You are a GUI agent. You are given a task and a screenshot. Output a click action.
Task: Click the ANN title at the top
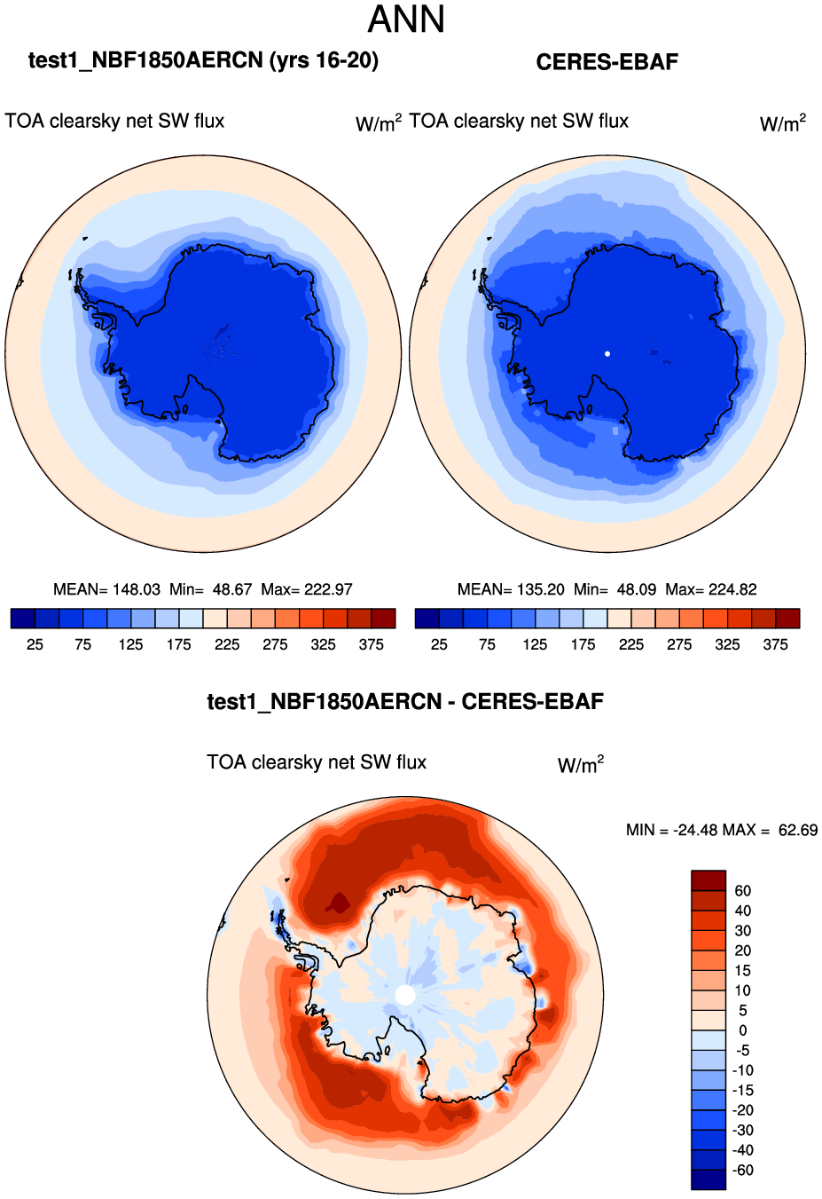tap(406, 20)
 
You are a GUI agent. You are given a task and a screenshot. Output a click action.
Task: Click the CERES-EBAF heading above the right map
tap(607, 62)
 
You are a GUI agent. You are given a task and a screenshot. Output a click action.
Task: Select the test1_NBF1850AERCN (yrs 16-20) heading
tap(203, 60)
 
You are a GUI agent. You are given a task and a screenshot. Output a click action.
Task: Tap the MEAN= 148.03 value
tap(106, 589)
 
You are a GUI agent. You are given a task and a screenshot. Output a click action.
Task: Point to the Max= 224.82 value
tap(711, 589)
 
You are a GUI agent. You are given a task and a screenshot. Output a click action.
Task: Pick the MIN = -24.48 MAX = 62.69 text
tap(721, 830)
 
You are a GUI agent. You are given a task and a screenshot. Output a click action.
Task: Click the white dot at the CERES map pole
tap(607, 353)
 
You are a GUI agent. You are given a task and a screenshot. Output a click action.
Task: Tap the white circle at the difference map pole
tap(404, 995)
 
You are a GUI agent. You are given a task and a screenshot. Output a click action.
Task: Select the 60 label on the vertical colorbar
tap(742, 891)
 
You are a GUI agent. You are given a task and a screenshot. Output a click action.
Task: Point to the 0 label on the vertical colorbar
tap(742, 1030)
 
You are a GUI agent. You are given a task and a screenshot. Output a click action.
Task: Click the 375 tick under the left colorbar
tap(372, 644)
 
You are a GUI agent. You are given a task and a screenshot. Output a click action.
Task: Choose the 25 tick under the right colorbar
tap(439, 644)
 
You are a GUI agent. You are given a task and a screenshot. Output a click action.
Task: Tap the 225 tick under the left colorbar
tap(227, 644)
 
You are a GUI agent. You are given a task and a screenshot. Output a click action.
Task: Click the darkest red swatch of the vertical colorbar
tap(708, 880)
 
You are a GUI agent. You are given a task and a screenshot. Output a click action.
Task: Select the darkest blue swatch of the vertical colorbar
tap(708, 1179)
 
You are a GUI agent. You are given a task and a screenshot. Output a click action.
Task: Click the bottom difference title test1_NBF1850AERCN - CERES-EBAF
tap(405, 702)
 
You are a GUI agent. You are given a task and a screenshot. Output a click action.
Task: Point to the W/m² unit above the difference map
tap(581, 764)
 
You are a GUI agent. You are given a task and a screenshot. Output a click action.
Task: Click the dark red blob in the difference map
tap(337, 903)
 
